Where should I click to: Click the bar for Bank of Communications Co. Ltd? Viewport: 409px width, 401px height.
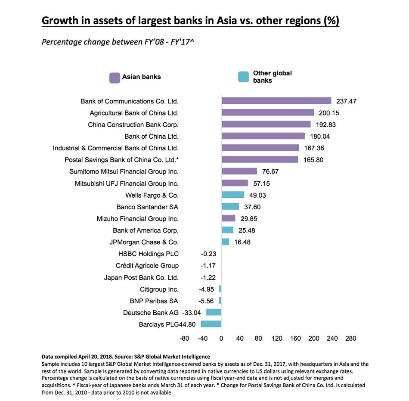coord(276,101)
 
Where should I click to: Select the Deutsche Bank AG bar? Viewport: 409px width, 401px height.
coord(214,312)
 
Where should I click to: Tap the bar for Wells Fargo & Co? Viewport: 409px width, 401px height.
coord(232,195)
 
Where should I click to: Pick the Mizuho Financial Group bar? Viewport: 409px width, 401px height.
coord(228,218)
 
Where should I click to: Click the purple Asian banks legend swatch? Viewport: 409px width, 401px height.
coord(114,78)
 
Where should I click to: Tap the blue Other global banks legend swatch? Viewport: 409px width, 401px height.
coord(243,78)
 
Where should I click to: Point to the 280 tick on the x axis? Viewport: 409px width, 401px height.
coord(350,339)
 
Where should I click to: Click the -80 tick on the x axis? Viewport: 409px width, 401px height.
coord(184,339)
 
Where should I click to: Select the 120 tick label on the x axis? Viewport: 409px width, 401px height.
coord(277,339)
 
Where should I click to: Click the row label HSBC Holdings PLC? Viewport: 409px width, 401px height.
coord(148,254)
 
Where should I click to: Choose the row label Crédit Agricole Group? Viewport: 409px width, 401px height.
coord(147,266)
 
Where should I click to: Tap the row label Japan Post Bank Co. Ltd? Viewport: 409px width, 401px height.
coord(141,277)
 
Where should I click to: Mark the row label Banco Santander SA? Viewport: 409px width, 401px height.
coord(147,207)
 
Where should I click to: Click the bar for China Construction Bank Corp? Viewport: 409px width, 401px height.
coord(266,124)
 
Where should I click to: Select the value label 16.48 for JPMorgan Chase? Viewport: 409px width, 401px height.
coord(242,242)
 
